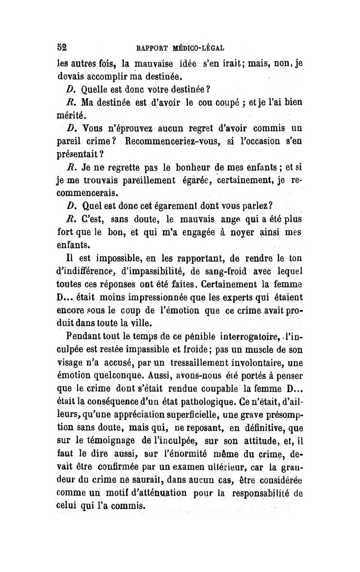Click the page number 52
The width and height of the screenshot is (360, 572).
(61, 46)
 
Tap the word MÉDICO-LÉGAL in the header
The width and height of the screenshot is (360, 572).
(196, 47)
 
